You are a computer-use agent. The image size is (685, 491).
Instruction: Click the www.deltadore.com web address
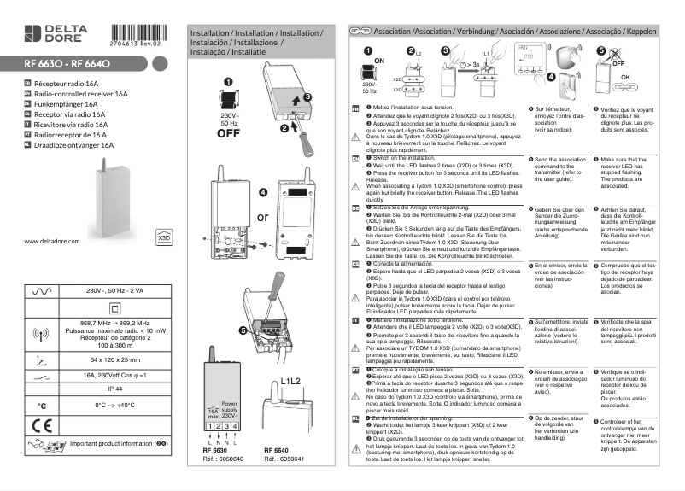point(52,242)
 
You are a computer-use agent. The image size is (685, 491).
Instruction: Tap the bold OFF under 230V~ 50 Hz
point(228,132)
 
